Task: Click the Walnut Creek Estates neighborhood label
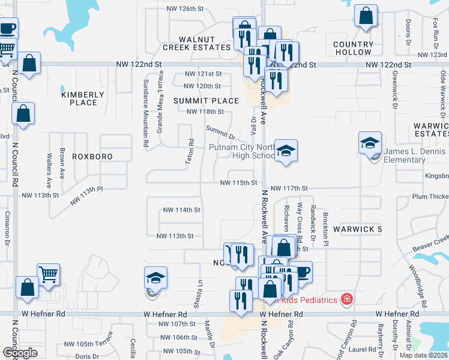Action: pos(196,42)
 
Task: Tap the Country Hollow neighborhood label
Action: pos(353,48)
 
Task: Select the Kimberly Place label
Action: pos(83,98)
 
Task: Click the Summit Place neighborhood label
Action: pos(202,101)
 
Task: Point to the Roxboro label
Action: pos(92,156)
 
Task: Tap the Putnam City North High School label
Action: pos(241,151)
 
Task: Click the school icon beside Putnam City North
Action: pos(286,150)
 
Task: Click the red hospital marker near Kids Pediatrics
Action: pos(346,299)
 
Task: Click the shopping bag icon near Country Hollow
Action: pos(366,16)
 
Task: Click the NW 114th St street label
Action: pos(181,210)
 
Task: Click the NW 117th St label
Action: pos(289,188)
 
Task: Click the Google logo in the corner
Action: pos(20,353)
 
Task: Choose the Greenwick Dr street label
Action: pos(394,89)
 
